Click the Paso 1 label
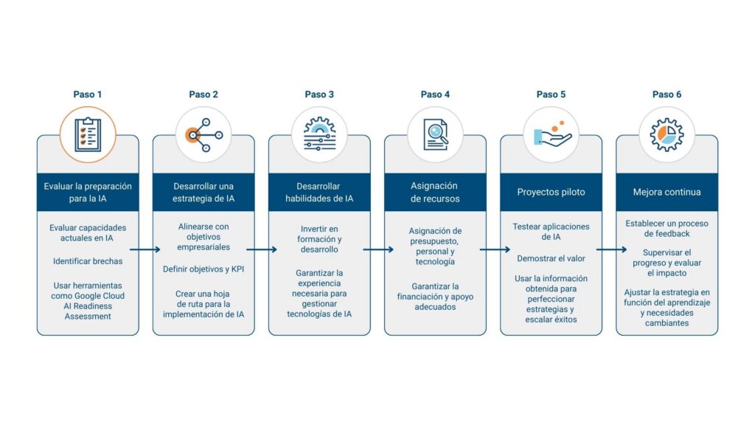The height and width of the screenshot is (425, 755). click(88, 94)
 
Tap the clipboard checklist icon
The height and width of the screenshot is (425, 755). click(88, 135)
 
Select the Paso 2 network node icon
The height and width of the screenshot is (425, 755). click(203, 135)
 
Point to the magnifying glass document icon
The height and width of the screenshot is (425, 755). click(435, 135)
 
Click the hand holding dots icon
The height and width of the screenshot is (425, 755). click(552, 135)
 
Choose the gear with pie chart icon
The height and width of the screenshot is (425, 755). click(667, 135)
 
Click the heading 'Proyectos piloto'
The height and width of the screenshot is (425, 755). click(552, 192)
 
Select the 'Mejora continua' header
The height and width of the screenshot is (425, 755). click(667, 192)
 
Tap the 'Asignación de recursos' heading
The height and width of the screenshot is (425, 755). click(435, 192)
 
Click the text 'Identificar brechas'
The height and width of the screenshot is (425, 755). click(88, 261)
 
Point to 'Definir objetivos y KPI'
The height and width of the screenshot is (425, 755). click(203, 269)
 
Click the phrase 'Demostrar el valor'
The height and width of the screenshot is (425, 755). click(552, 258)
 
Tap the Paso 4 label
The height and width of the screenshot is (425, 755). click(435, 94)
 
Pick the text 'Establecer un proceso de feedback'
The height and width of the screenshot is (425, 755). click(667, 228)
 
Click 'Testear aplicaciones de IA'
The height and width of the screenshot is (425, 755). click(552, 232)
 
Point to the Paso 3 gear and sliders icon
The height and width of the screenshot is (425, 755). click(319, 135)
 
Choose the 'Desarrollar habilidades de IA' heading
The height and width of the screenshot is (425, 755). click(319, 192)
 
